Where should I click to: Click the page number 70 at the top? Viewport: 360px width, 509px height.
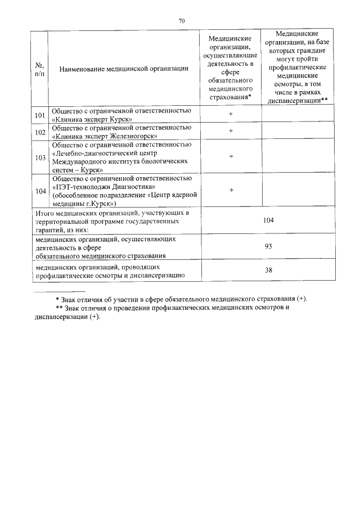(x=181, y=21)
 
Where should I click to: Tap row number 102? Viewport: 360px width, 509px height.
(x=39, y=132)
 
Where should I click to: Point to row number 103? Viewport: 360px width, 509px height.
(x=39, y=157)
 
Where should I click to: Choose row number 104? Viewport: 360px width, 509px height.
(x=39, y=191)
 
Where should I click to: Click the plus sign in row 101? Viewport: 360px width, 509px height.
(x=231, y=114)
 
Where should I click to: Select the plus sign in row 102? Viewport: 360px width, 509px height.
(x=231, y=131)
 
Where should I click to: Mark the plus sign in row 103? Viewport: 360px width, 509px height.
(x=231, y=156)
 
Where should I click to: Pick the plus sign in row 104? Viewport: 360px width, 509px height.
(x=231, y=190)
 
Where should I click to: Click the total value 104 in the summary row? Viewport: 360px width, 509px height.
(x=268, y=220)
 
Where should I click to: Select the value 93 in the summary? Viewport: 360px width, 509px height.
(x=268, y=246)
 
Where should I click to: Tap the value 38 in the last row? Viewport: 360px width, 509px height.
(x=268, y=270)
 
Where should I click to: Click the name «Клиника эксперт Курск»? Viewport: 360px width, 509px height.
(x=92, y=119)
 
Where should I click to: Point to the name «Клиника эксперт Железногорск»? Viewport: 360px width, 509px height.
(x=105, y=136)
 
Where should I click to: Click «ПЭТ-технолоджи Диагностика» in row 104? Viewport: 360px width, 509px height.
(x=103, y=186)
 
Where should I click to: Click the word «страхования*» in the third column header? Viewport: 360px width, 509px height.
(x=230, y=97)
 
